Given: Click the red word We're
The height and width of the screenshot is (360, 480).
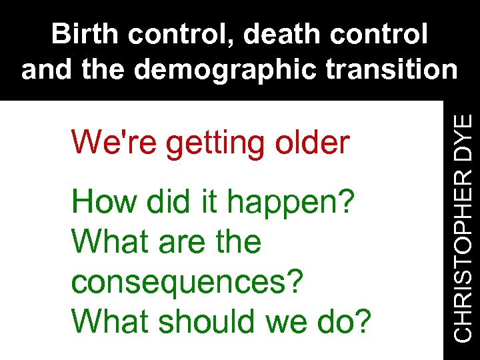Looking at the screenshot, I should click(115, 142).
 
